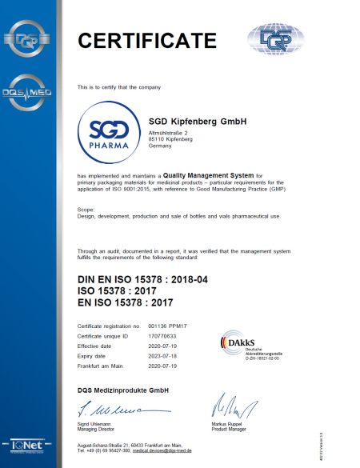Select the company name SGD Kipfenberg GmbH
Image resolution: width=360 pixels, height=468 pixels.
click(197, 121)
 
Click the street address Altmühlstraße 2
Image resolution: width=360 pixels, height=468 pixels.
click(170, 131)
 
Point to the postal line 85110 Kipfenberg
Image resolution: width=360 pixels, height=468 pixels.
click(173, 138)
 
